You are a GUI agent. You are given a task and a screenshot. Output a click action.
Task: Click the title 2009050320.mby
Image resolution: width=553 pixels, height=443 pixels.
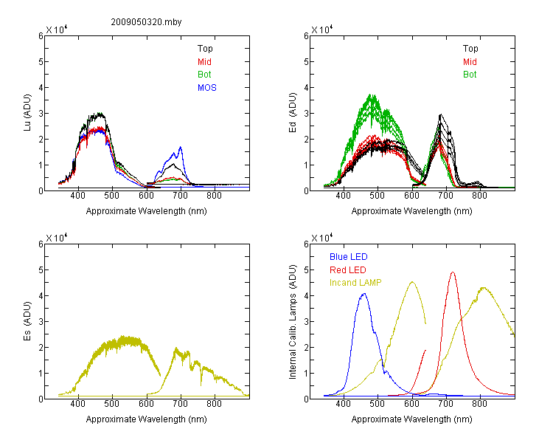point(146,22)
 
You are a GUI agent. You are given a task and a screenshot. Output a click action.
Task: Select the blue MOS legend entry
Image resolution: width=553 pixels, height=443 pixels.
point(207,88)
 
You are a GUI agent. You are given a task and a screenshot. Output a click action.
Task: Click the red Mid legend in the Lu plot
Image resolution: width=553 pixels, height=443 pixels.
point(204,62)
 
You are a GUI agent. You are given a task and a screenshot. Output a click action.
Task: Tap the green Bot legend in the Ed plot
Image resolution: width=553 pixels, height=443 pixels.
point(470,75)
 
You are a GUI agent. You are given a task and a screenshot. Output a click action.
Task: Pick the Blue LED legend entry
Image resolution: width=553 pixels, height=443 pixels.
point(349,257)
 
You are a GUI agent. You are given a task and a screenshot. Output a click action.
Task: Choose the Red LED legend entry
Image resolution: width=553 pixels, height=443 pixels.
point(348,270)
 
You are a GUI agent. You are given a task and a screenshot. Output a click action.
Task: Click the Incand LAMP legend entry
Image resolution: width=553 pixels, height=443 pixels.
point(355,283)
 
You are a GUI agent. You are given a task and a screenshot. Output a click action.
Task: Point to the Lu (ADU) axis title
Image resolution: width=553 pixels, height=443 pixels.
point(27,113)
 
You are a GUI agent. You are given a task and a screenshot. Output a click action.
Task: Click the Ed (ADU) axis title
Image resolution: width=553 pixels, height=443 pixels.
point(293,113)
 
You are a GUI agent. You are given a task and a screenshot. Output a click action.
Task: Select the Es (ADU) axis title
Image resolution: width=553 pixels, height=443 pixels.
point(27,321)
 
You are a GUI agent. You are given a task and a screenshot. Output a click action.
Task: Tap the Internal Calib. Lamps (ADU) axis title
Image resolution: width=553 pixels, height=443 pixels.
point(293,322)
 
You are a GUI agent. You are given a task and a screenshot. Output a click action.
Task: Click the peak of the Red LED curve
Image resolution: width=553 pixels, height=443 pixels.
point(453,272)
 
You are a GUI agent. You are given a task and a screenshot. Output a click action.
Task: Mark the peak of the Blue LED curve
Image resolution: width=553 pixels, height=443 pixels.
point(364,294)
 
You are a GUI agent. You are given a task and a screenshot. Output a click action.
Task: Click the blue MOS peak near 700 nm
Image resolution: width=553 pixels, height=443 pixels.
point(181,147)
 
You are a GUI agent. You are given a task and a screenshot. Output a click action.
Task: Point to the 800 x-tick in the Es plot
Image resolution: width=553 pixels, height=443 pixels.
point(214,404)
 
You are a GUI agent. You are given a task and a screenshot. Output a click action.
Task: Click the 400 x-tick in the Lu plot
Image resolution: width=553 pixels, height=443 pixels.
point(77,196)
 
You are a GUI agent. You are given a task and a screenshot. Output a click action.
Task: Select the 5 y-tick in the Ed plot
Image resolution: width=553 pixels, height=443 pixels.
point(306,62)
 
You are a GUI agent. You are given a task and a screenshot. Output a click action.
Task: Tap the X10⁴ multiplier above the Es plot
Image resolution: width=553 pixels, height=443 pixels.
point(57,238)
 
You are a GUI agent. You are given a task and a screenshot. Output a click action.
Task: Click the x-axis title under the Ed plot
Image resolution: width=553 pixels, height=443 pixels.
point(411,211)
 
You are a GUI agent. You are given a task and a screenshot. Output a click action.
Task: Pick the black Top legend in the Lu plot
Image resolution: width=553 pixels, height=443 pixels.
point(205,49)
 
